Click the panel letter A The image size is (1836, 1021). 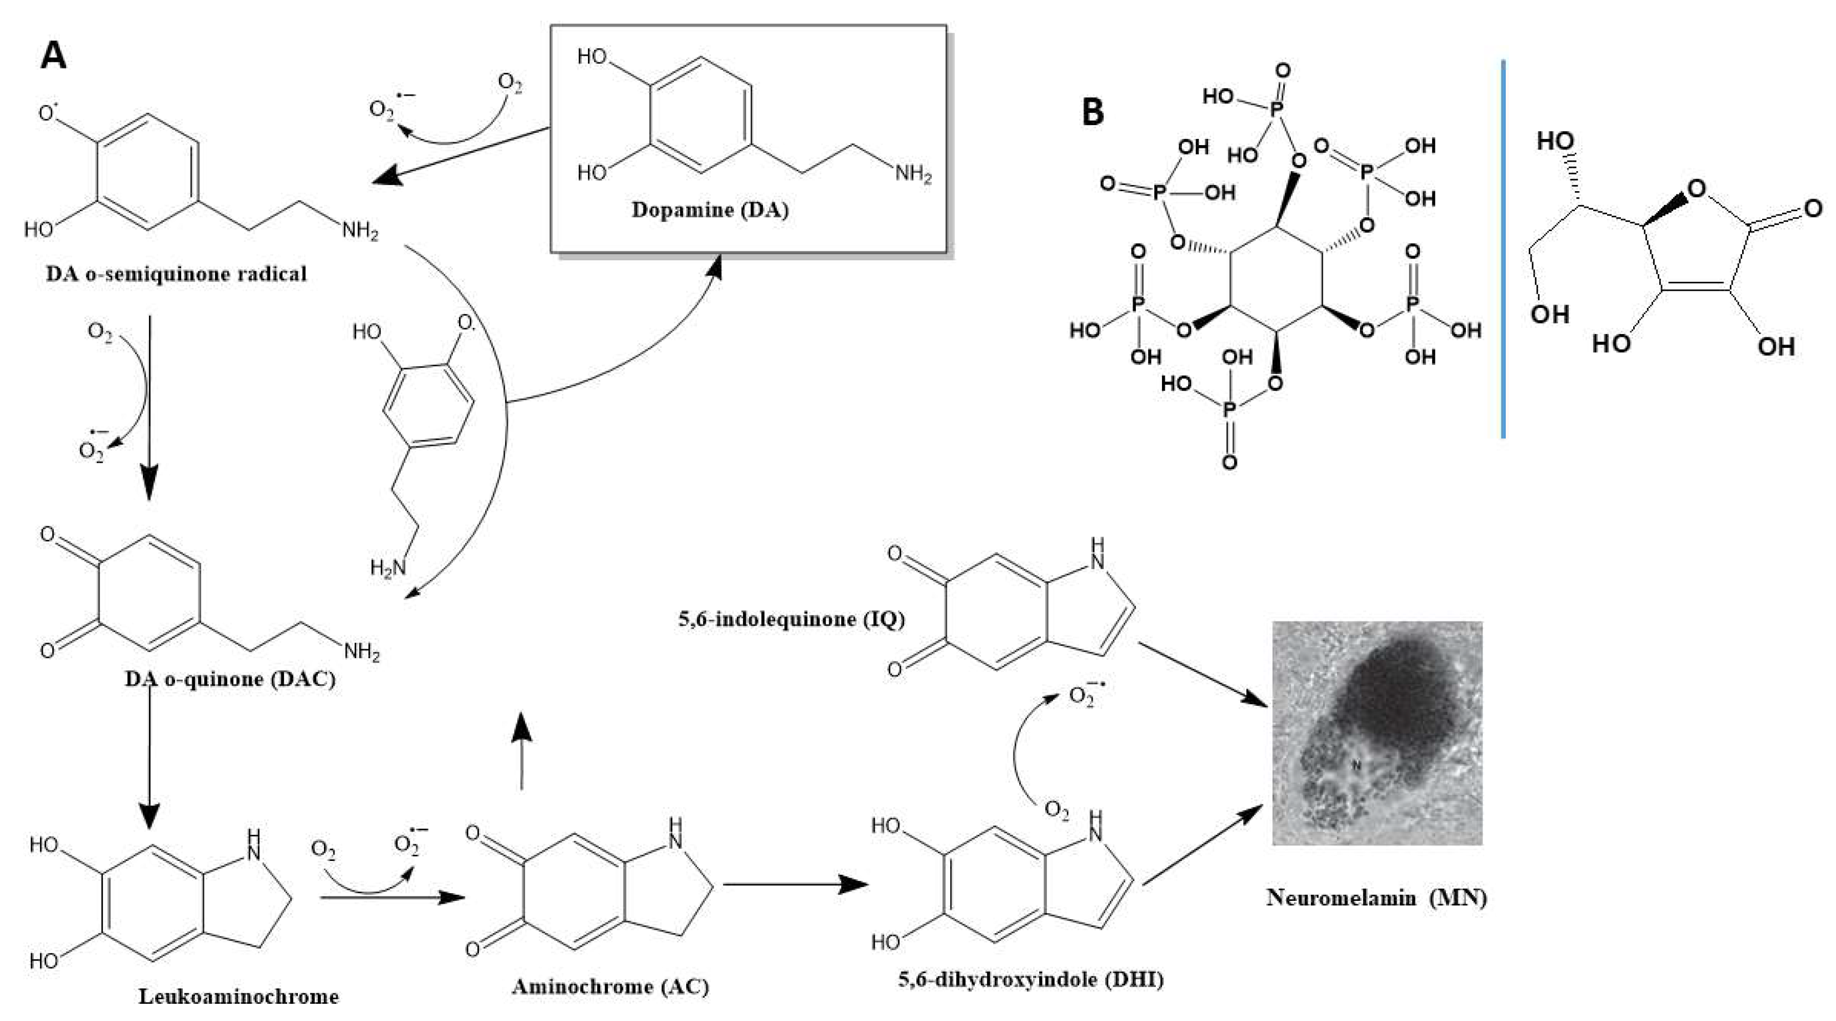(x=53, y=55)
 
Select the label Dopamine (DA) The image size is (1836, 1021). (x=710, y=210)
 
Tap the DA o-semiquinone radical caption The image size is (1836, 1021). (x=176, y=275)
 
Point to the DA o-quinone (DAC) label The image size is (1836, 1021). (x=229, y=679)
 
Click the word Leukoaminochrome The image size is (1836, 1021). (x=238, y=996)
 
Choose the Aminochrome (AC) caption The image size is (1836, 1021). (x=610, y=986)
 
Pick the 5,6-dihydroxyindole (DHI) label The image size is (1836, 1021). (x=1031, y=979)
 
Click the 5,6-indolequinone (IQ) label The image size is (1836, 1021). (x=791, y=619)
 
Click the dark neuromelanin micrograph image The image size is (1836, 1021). (x=1377, y=733)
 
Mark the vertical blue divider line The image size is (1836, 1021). (x=1503, y=250)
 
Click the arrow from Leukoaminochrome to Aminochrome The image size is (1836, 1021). (x=392, y=897)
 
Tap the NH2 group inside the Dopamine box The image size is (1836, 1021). (x=913, y=174)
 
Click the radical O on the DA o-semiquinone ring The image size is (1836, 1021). (x=48, y=114)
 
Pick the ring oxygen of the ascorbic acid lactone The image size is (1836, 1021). (x=1697, y=189)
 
